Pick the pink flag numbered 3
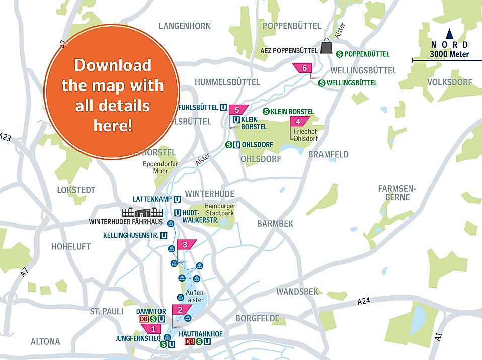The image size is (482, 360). (185, 245)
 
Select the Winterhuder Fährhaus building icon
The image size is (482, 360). (143, 212)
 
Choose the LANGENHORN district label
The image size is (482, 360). (185, 26)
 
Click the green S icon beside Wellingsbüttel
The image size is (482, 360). (322, 83)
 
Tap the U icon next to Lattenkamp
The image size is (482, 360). (177, 199)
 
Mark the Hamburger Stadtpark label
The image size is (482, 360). (219, 210)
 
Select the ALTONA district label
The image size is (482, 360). (45, 341)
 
